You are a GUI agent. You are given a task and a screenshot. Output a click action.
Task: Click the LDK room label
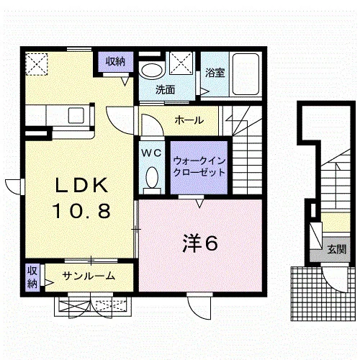pyautogui.click(x=81, y=185)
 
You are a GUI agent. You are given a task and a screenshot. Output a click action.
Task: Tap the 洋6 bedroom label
pyautogui.click(x=200, y=243)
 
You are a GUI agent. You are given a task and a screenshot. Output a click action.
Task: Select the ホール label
pyautogui.click(x=189, y=120)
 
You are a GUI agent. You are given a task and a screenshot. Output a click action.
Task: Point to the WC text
pyautogui.click(x=151, y=153)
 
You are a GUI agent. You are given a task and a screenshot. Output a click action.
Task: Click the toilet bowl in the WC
pyautogui.click(x=152, y=178)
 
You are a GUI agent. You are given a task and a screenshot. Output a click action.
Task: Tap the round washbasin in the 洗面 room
pyautogui.click(x=152, y=71)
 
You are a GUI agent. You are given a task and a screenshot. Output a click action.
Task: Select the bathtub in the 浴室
pyautogui.click(x=246, y=74)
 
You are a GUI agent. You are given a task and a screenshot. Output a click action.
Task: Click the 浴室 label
pyautogui.click(x=215, y=73)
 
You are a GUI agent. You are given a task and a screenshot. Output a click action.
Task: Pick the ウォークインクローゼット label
pyautogui.click(x=199, y=166)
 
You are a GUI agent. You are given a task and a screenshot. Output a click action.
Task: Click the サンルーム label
pyautogui.click(x=89, y=276)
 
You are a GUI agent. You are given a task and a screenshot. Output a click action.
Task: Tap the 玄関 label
pyautogui.click(x=337, y=250)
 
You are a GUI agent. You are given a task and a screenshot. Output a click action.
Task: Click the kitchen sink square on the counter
pyautogui.click(x=76, y=115)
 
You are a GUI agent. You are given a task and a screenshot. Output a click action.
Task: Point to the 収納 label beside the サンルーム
pyautogui.click(x=32, y=277)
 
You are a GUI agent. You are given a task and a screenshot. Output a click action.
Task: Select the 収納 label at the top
pyautogui.click(x=116, y=62)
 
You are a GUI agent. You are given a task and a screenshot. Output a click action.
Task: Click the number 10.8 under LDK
pyautogui.click(x=82, y=211)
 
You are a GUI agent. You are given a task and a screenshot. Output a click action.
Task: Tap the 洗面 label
pyautogui.click(x=165, y=90)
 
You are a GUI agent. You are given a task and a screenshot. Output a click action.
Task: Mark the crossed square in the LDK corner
pyautogui.click(x=37, y=64)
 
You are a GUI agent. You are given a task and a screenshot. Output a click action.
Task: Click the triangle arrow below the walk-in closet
pyautogui.click(x=199, y=204)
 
